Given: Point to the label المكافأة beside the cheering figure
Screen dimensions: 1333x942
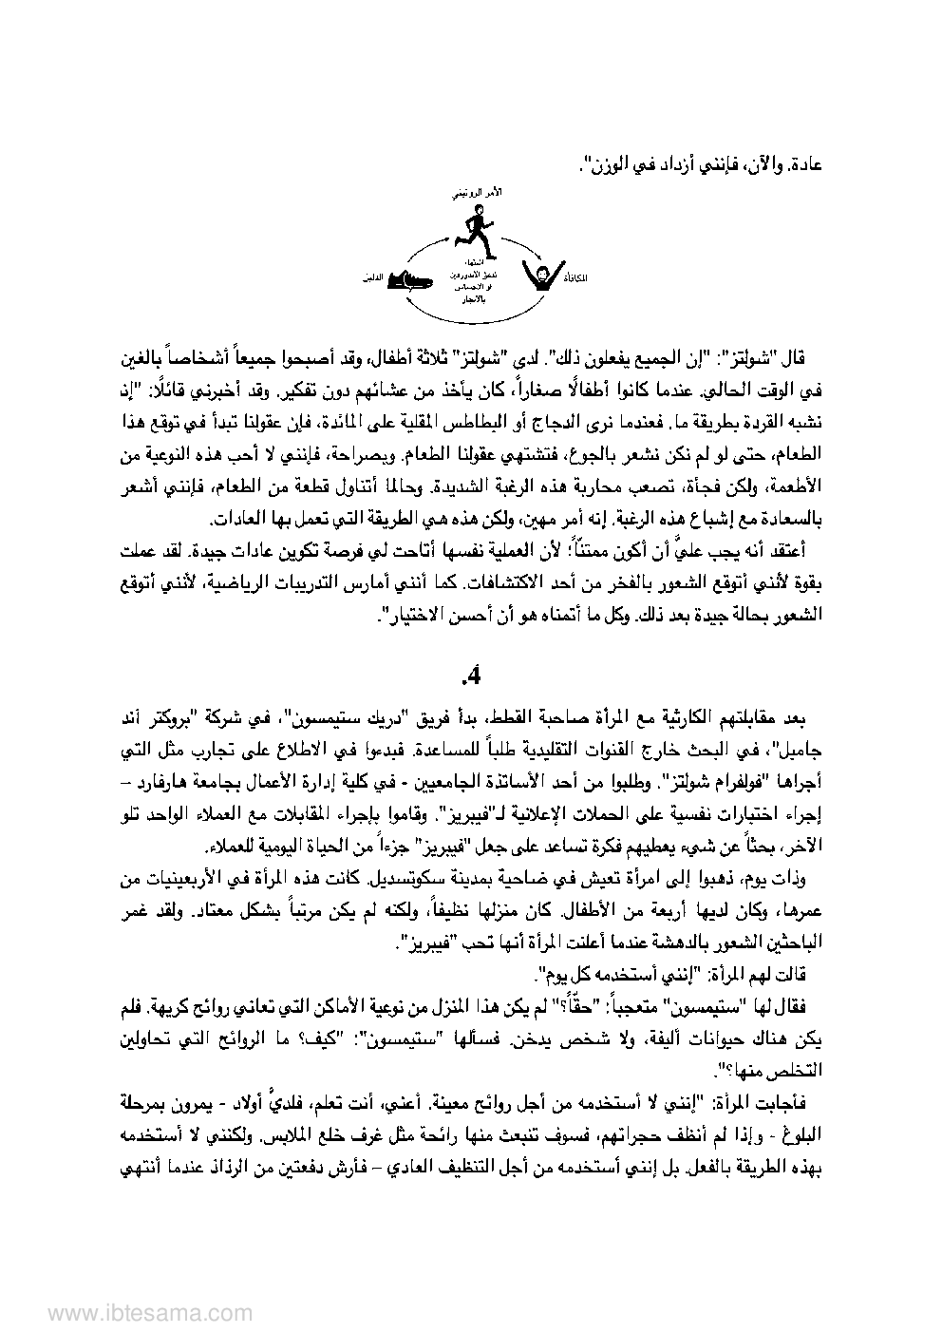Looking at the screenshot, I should [575, 278].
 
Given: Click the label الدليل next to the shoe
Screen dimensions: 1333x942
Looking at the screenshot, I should [373, 279].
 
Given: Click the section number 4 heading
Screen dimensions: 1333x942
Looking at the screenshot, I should [471, 676].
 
